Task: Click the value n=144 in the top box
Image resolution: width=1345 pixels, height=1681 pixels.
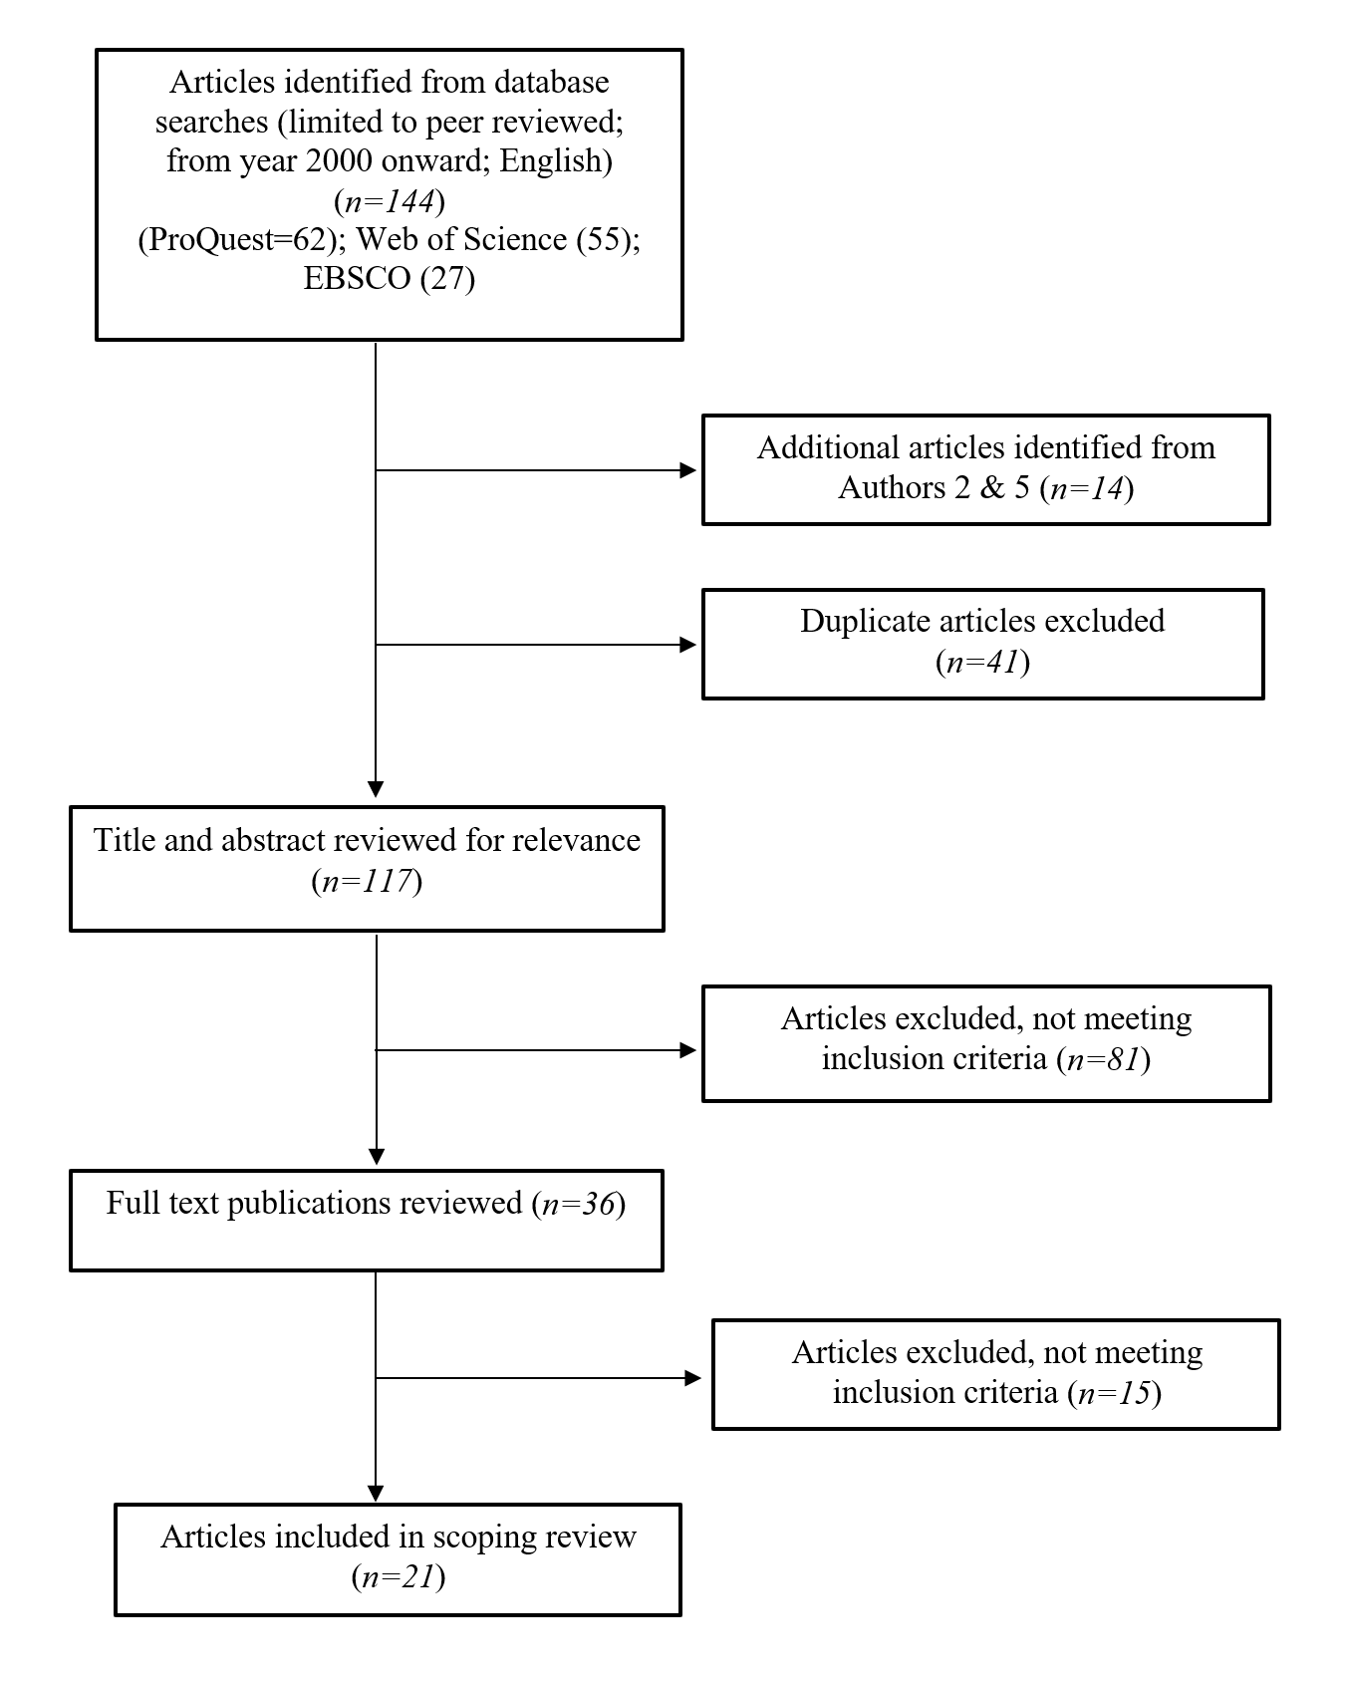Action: click(x=390, y=201)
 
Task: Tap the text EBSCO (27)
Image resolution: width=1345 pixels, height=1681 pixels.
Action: click(x=390, y=278)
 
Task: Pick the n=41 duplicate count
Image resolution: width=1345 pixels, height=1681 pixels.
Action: click(x=982, y=662)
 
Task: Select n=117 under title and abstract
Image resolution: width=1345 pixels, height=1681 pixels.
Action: click(x=367, y=881)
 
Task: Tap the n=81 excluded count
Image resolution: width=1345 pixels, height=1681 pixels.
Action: click(x=1103, y=1058)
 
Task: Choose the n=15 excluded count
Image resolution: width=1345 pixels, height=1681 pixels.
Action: click(x=1114, y=1392)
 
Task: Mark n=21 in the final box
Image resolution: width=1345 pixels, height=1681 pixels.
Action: click(x=398, y=1577)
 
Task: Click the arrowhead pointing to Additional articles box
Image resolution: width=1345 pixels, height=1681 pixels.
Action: click(x=688, y=470)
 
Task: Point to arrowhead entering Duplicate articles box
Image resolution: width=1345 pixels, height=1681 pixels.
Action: click(x=688, y=645)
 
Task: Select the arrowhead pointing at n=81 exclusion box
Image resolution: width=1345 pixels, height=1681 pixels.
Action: click(x=688, y=1049)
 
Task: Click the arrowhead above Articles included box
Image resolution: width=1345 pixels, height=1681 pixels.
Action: click(x=376, y=1493)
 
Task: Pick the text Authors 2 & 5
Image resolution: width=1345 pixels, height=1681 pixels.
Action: click(x=934, y=487)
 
